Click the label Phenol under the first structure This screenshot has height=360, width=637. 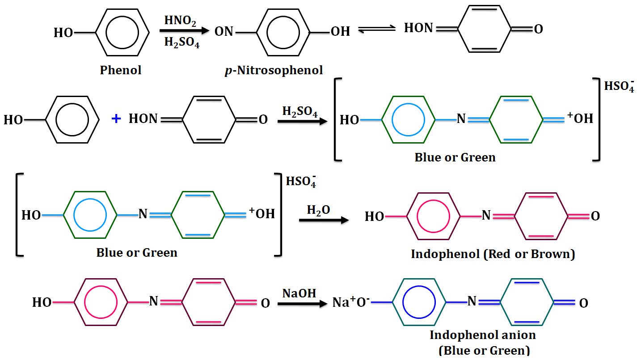pyautogui.click(x=121, y=70)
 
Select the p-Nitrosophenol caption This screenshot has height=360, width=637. pyautogui.click(x=273, y=70)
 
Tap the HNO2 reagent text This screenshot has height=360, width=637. pyautogui.click(x=179, y=20)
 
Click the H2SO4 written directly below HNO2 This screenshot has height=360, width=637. pyautogui.click(x=181, y=42)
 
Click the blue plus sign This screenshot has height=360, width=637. pyautogui.click(x=116, y=119)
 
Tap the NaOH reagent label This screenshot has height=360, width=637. pyautogui.click(x=300, y=293)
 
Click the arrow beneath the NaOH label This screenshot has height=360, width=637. pyautogui.click(x=300, y=304)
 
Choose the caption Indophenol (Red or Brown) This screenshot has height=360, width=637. pyautogui.click(x=493, y=254)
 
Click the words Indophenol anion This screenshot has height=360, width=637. pyautogui.click(x=483, y=335)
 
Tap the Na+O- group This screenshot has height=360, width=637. pyautogui.click(x=351, y=302)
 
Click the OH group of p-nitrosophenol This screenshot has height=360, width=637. pyautogui.click(x=340, y=31)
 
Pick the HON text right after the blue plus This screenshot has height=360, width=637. pyautogui.click(x=143, y=119)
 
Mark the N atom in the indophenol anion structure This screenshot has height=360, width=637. pyautogui.click(x=472, y=302)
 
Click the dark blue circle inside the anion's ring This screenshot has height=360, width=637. pyautogui.click(x=419, y=302)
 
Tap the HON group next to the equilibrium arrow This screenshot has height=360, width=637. pyautogui.click(x=419, y=28)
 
